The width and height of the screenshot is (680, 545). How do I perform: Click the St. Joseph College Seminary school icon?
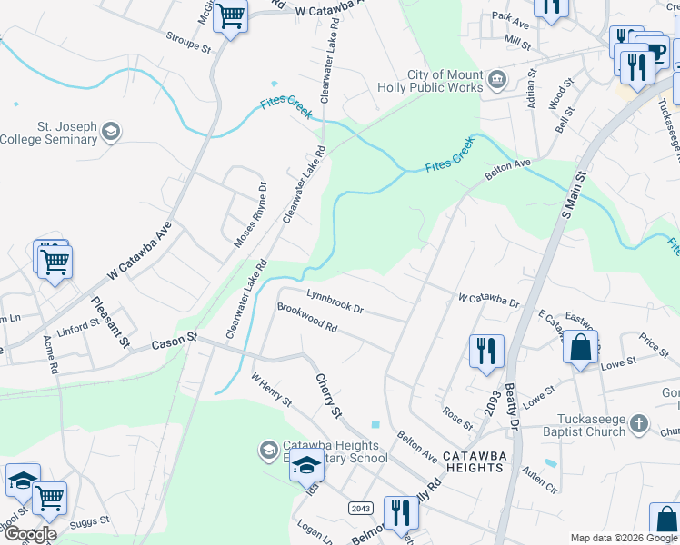point(110,131)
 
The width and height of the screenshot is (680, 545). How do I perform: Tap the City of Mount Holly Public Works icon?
point(496,80)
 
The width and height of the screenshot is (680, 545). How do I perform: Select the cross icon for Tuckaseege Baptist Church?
point(639,424)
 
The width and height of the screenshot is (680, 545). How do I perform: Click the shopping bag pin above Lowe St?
point(580,348)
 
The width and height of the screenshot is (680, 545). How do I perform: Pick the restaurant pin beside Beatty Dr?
point(486,350)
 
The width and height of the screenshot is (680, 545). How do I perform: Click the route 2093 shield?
point(492,411)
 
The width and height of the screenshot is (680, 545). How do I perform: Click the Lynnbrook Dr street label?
point(335,302)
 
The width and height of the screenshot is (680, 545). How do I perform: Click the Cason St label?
point(175,342)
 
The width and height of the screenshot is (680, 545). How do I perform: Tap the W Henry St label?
point(271,389)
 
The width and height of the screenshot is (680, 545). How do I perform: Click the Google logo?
point(30,533)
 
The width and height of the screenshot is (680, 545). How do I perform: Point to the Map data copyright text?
point(622,538)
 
